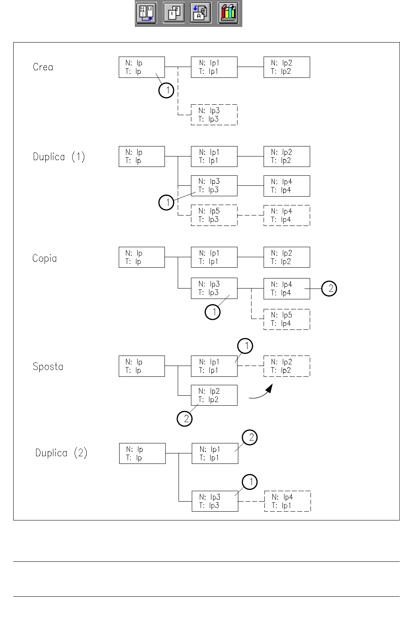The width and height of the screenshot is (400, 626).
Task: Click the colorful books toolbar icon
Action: coord(229,13)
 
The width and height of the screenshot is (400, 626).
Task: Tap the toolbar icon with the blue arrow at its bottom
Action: coord(146,13)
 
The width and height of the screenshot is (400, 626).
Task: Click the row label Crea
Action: coord(43,67)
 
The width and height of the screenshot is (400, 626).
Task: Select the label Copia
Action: coord(45,258)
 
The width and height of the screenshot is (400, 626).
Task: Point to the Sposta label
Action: coord(48,366)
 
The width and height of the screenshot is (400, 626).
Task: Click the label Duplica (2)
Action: coord(61,453)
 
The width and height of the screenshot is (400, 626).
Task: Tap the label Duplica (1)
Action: coord(59,156)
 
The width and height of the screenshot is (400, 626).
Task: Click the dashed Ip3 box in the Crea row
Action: coord(214,115)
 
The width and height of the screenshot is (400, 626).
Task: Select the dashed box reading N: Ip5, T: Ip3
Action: coord(214,215)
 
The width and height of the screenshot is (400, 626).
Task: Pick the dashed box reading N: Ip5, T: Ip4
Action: coord(286,319)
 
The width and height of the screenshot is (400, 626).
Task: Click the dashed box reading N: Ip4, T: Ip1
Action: coord(287,501)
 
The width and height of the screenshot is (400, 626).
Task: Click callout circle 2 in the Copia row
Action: coord(329,289)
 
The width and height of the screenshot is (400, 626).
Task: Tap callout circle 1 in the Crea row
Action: coord(166,90)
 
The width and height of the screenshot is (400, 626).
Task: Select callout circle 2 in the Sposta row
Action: coord(185,419)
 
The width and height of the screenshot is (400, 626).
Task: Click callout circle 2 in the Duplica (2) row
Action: coord(250,437)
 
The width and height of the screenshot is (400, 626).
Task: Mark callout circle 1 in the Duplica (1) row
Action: coord(166,202)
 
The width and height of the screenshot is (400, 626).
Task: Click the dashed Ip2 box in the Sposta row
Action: coord(286,366)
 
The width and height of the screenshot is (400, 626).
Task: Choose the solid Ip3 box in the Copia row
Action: coord(214,288)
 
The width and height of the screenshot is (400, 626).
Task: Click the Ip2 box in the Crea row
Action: coord(286,67)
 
